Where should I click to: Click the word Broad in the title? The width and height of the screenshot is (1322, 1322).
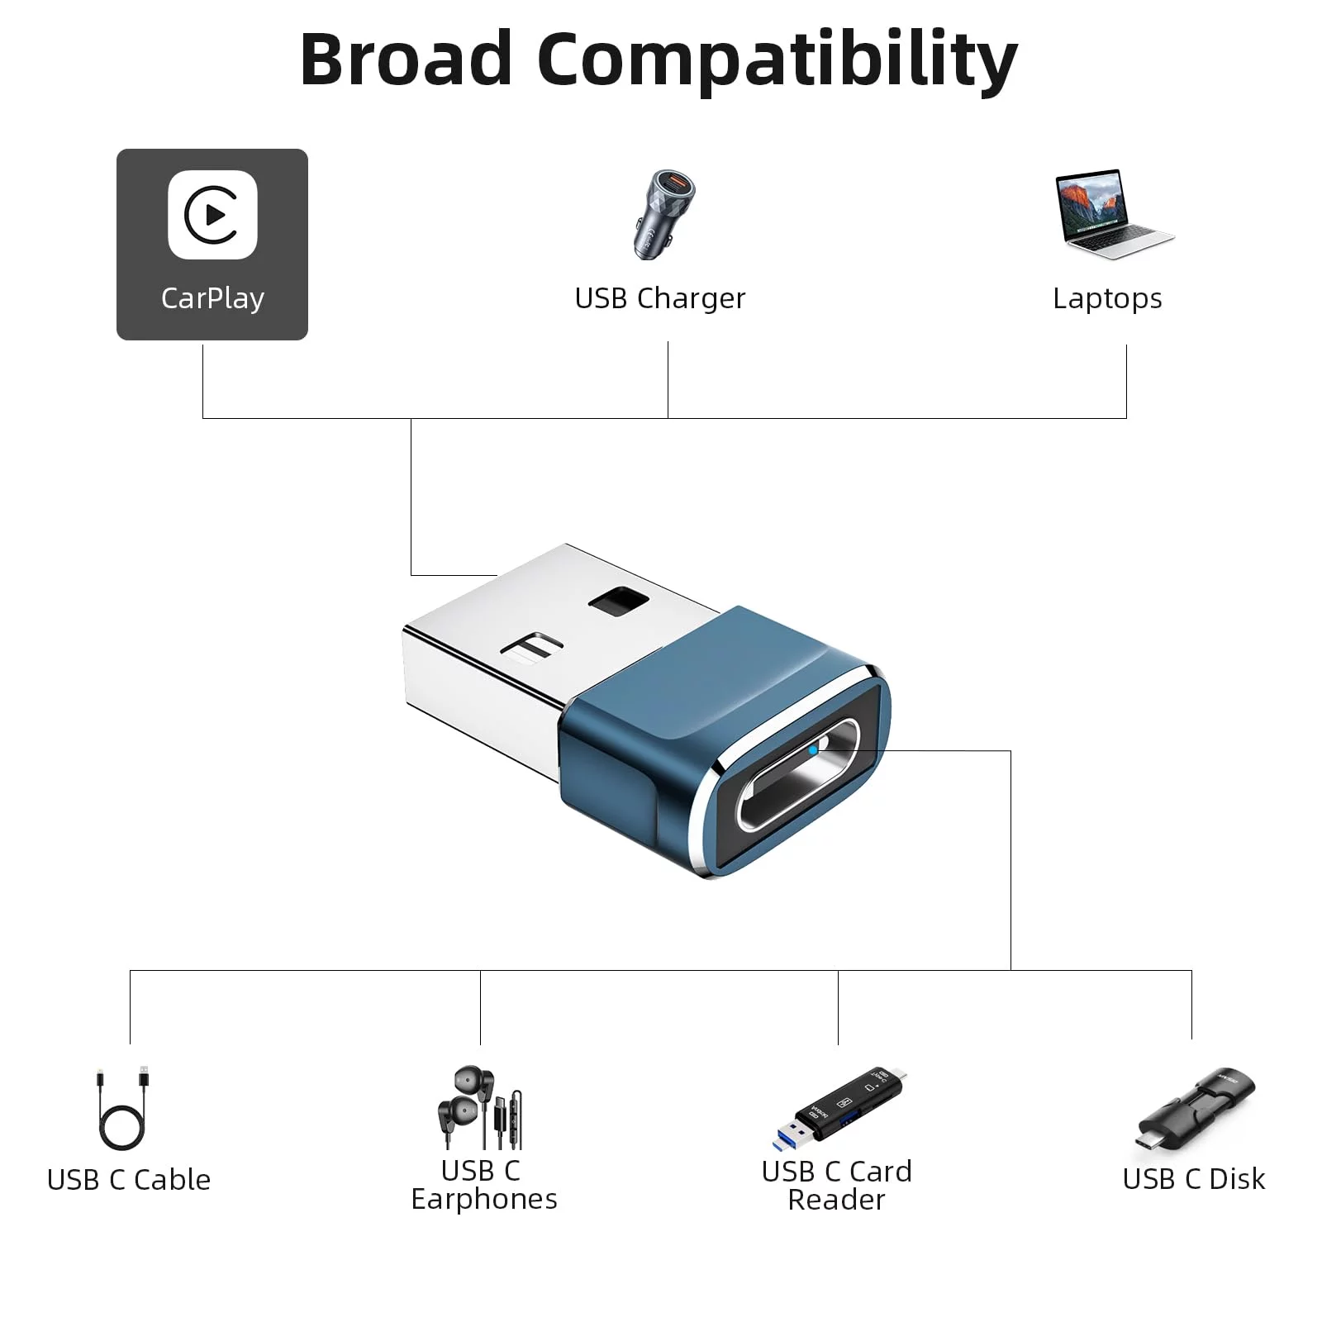pos(406,59)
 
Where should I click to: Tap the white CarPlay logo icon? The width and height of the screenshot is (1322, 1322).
pos(213,215)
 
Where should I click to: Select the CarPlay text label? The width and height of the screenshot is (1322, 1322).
pos(212,298)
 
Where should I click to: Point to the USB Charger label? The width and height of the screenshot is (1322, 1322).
pos(659,298)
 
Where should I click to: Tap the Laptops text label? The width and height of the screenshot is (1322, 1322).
pos(1107,298)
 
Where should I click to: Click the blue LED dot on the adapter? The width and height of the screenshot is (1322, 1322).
pos(814,750)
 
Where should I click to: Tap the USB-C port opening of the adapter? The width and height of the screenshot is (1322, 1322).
pos(798,774)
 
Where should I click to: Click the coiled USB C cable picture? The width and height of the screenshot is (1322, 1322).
pos(123,1107)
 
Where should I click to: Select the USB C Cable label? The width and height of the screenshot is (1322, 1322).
pos(129,1180)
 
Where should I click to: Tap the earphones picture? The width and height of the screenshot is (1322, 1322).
pos(480,1107)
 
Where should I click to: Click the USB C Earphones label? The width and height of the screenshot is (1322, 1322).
pos(484,1185)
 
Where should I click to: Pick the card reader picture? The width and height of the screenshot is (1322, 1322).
pos(839,1108)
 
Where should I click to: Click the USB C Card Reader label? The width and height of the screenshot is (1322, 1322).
pos(837,1185)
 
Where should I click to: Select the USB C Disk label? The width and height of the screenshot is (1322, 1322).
pos(1194,1179)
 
